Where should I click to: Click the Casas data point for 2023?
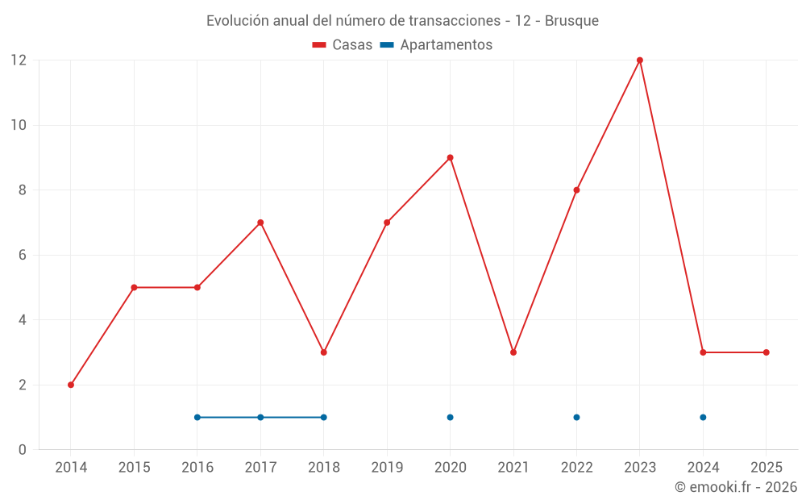tap(640, 60)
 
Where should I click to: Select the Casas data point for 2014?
tap(71, 385)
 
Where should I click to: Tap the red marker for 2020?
tap(450, 157)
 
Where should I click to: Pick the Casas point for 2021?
tap(513, 352)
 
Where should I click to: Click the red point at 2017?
tap(260, 223)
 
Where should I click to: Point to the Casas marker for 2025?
tap(767, 352)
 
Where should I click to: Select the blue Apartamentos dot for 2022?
tap(576, 417)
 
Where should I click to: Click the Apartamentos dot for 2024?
tap(703, 417)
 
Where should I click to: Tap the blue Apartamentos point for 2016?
tap(197, 417)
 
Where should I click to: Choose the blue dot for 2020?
tap(450, 417)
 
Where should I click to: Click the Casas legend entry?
tap(343, 45)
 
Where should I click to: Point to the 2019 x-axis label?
tap(387, 468)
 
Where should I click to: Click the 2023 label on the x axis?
tap(640, 468)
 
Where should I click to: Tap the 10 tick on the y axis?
tap(18, 125)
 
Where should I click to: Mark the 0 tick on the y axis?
tap(23, 450)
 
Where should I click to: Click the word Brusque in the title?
tap(571, 20)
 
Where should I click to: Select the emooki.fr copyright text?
tap(735, 487)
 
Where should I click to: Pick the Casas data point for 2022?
tap(576, 190)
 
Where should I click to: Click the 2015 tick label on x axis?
tap(134, 468)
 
